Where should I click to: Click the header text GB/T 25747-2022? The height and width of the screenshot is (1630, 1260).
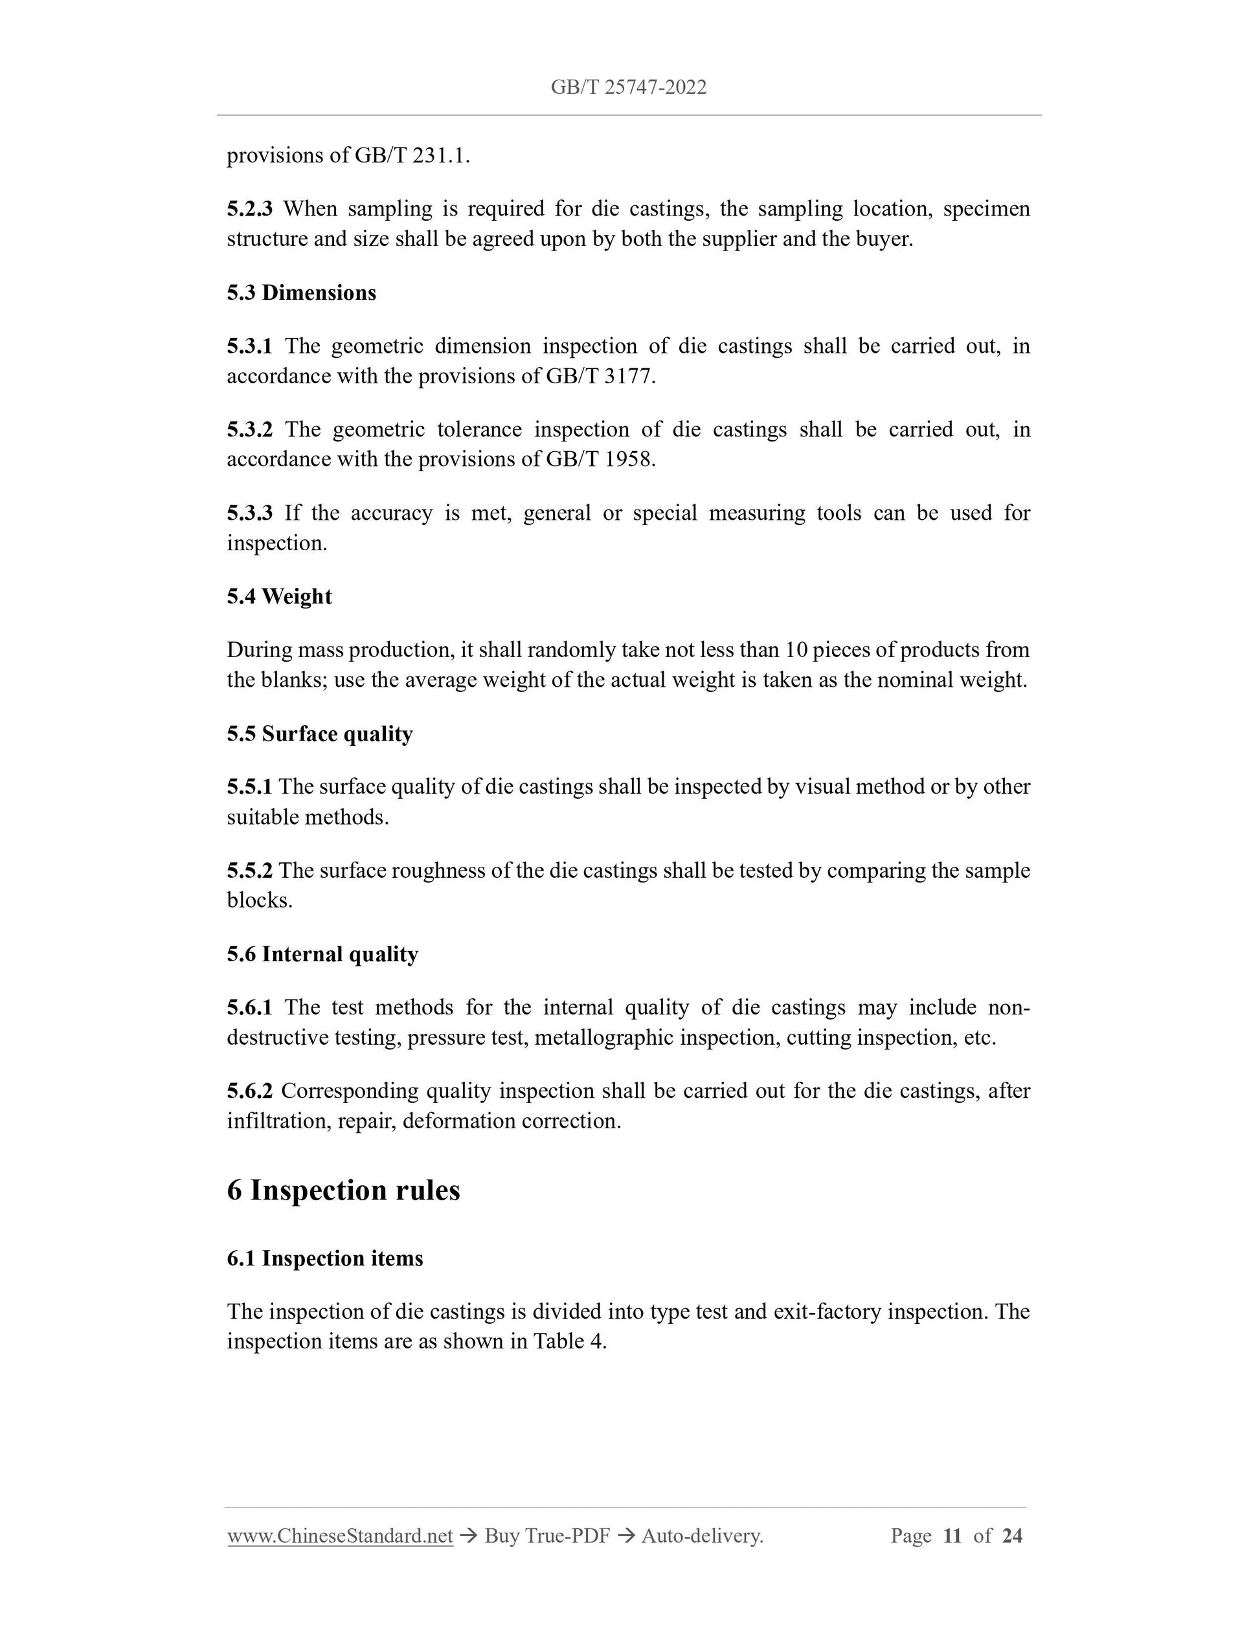coord(629,88)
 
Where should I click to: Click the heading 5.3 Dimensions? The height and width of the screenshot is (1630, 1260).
coord(302,293)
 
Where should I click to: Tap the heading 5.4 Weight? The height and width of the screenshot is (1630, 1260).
coord(279,596)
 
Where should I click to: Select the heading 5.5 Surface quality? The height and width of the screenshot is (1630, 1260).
coord(319,733)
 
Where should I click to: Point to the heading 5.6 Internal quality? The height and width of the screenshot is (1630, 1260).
coord(322,954)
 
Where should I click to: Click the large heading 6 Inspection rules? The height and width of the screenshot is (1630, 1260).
coord(343,1190)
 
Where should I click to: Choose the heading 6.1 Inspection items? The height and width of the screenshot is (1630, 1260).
coord(324,1258)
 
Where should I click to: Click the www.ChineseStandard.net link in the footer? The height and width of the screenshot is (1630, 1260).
coord(340,1535)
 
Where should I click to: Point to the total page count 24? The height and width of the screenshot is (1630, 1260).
coord(1011,1535)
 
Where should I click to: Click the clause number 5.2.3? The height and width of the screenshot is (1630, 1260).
coord(249,209)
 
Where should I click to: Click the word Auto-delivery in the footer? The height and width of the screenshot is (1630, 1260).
coord(702,1535)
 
